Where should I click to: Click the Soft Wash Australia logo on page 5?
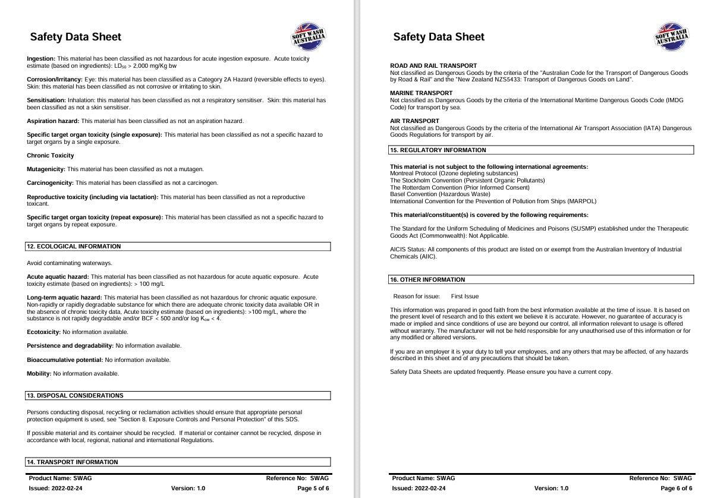click(x=309, y=37)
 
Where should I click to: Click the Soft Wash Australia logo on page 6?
click(x=672, y=37)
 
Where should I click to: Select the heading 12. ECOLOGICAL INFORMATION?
click(x=73, y=247)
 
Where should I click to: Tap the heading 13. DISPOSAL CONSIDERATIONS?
click(x=75, y=396)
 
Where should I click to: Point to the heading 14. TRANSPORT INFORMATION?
click(x=72, y=462)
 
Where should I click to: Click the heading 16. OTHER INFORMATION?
click(x=428, y=280)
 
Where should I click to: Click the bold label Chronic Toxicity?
click(x=51, y=156)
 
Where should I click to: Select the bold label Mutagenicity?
click(x=46, y=169)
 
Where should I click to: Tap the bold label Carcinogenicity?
click(x=51, y=183)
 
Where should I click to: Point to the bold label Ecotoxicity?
click(x=44, y=332)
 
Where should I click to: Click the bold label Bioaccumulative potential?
click(x=65, y=360)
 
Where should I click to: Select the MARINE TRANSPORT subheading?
click(x=421, y=93)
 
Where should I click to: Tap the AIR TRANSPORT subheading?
click(x=414, y=121)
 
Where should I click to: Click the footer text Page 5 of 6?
click(x=313, y=488)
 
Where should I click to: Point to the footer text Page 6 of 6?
click(x=676, y=488)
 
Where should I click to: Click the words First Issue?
click(x=465, y=297)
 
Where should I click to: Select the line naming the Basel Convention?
click(x=440, y=194)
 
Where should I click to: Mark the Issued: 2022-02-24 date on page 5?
click(x=56, y=488)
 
